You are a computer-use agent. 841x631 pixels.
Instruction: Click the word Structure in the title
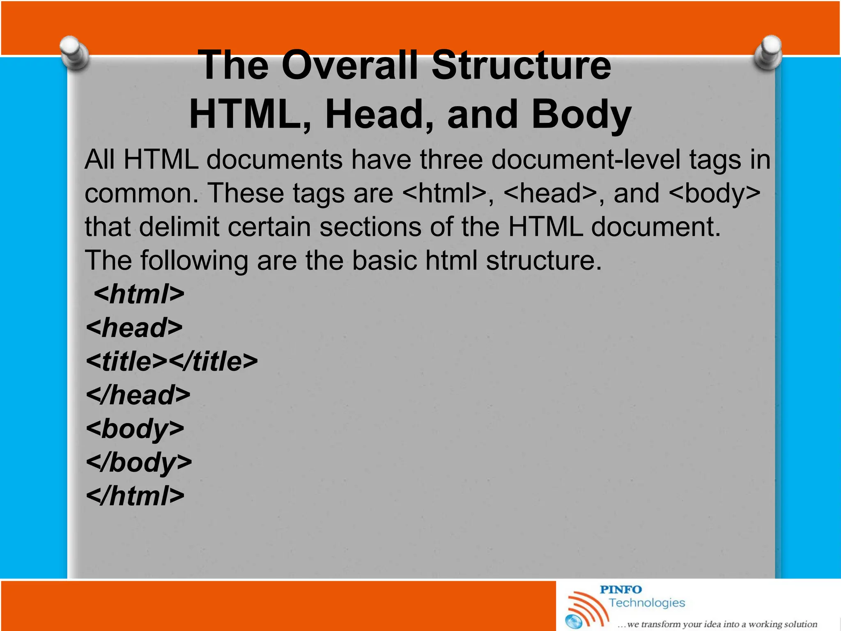pos(521,66)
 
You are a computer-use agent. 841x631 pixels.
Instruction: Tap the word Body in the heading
pos(581,115)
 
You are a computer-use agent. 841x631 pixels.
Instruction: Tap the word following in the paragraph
pos(194,260)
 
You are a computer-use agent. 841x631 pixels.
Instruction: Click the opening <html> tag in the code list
pos(139,294)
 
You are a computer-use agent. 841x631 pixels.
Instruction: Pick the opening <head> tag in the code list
pos(134,328)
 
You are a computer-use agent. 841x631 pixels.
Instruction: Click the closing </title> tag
pos(214,362)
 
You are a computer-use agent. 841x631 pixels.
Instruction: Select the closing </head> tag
pos(138,395)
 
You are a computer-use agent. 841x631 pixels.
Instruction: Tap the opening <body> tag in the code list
pos(135,429)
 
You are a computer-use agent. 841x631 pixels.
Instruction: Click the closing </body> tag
pos(139,463)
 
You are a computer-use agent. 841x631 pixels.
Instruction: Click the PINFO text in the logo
pos(620,590)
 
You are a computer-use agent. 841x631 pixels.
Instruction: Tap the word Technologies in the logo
pos(647,603)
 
